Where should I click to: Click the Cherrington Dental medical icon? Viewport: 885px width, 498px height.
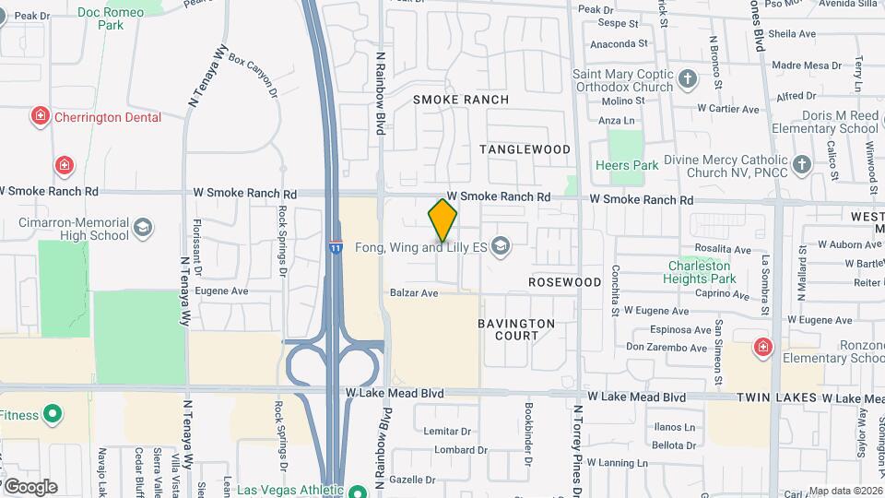[40, 117]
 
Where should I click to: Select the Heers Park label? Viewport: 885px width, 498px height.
[627, 166]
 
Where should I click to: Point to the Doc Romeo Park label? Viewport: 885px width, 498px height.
[111, 18]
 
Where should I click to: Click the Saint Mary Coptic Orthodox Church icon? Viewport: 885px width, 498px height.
[688, 79]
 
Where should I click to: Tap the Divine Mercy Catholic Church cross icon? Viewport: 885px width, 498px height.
[802, 166]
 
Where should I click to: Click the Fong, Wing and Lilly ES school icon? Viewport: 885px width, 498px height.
[501, 246]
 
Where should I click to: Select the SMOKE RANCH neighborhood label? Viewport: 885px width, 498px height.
[461, 99]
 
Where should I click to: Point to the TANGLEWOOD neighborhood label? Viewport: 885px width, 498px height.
[525, 148]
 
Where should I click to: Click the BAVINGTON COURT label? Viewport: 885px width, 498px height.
[516, 329]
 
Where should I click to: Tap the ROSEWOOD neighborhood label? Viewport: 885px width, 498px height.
[565, 281]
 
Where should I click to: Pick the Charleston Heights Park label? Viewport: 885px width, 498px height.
[702, 272]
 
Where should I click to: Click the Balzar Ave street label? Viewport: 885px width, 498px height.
[414, 293]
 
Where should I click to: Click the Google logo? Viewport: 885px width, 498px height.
[30, 486]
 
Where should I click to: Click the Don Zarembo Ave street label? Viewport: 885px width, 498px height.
[667, 347]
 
